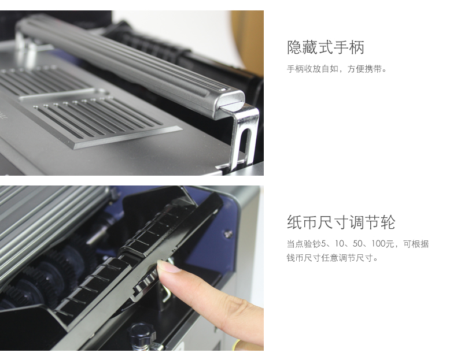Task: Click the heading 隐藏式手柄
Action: click(x=326, y=47)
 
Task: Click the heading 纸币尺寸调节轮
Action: click(x=341, y=222)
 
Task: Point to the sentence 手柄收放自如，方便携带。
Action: click(x=337, y=69)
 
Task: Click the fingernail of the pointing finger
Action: click(x=168, y=266)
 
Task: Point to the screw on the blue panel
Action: click(x=228, y=233)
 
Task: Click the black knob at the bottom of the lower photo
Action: click(x=142, y=334)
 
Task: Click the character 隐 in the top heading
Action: click(x=294, y=47)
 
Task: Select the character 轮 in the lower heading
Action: click(x=388, y=222)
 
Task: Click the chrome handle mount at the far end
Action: click(x=25, y=44)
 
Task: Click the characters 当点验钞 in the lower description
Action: click(x=304, y=244)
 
